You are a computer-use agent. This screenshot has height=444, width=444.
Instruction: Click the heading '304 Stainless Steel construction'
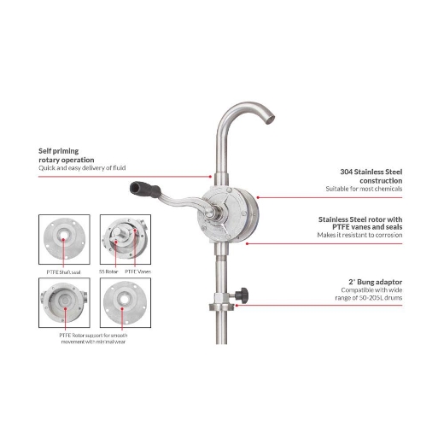366,175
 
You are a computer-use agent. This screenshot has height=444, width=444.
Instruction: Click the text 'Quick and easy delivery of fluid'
84,168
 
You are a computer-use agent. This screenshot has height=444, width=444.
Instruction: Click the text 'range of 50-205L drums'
376,299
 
